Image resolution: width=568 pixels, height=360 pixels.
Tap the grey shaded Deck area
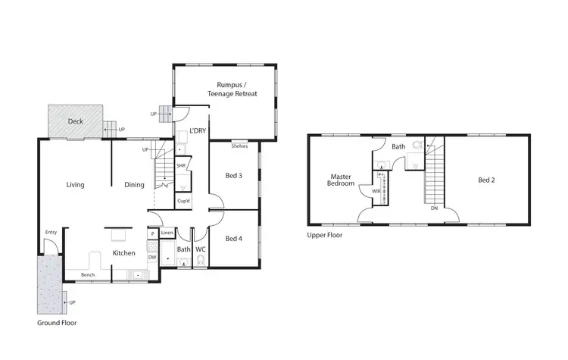[x=75, y=121]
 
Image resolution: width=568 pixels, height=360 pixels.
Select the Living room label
[x=75, y=184]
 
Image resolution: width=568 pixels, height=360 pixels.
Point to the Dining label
[x=135, y=184]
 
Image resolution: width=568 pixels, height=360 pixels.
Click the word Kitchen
[x=123, y=252]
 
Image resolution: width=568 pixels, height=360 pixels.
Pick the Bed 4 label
[x=234, y=238]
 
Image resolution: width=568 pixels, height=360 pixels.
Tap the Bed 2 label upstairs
[x=486, y=180]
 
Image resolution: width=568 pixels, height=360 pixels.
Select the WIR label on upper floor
[x=376, y=191]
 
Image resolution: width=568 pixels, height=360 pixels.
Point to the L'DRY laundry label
[x=198, y=130]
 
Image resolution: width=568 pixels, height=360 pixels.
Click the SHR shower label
[x=181, y=165]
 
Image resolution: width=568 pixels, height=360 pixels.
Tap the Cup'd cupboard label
[x=183, y=201]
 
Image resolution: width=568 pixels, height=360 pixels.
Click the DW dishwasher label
[x=151, y=257]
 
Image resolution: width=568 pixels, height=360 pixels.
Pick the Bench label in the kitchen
[x=88, y=274]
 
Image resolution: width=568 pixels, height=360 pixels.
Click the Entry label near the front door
[x=51, y=232]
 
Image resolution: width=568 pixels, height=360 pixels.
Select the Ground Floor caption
[x=57, y=322]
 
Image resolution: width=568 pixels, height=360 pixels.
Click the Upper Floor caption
[x=325, y=235]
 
